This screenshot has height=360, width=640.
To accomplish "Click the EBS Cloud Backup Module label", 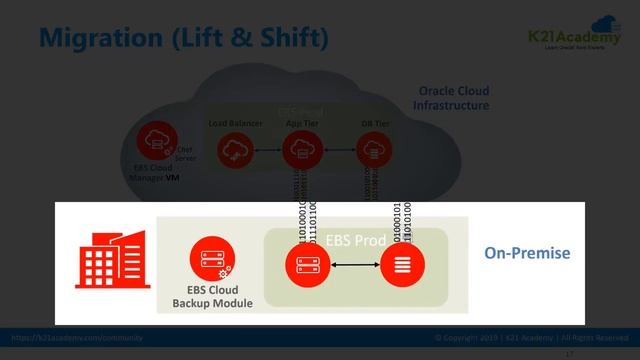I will [x=212, y=296].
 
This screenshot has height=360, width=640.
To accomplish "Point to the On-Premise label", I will [x=527, y=253].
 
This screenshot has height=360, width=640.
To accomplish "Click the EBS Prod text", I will [x=352, y=240].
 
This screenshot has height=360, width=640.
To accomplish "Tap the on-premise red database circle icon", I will [x=401, y=265].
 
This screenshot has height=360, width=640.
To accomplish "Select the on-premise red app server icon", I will [x=305, y=265].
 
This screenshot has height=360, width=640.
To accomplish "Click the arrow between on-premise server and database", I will [x=353, y=265].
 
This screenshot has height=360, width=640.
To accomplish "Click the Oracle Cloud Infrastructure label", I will [x=453, y=98].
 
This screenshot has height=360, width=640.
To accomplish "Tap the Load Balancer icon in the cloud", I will [x=236, y=151].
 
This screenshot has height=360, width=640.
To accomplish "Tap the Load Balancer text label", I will [x=236, y=123].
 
